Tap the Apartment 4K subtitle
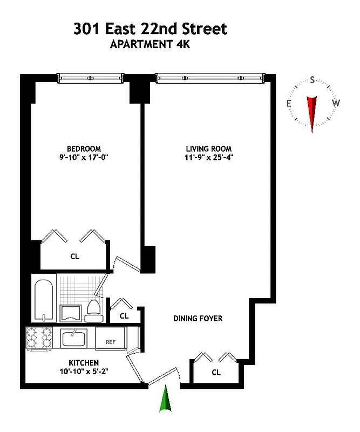coord(150,44)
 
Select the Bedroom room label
coord(84,148)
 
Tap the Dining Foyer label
coord(198,318)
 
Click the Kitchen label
coord(83,363)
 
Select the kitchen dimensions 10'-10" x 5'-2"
coord(83,372)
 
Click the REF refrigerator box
coord(111,341)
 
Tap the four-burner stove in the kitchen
coord(39,339)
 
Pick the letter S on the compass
coord(312,80)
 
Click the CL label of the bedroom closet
coord(74,257)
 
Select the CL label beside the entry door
coord(216,372)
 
